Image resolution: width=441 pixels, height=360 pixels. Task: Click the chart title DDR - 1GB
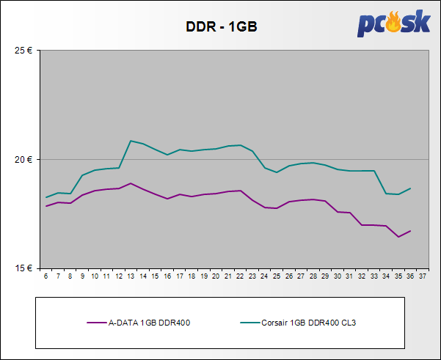(220, 27)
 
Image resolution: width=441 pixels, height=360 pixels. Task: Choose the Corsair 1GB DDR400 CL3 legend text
(311, 321)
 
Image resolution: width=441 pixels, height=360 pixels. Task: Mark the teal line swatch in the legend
(249, 321)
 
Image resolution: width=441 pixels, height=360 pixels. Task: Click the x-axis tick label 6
(46, 276)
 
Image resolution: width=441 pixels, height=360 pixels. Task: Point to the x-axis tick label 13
(131, 276)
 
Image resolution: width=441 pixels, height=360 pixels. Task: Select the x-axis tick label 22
(240, 276)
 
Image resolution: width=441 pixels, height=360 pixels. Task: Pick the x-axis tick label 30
(338, 276)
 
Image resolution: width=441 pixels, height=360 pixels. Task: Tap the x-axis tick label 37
(423, 276)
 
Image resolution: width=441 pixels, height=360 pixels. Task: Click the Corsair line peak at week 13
(131, 141)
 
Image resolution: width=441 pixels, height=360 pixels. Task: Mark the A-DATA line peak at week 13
(131, 183)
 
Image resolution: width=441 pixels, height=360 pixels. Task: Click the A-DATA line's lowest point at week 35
(398, 237)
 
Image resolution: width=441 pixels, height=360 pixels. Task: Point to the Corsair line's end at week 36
(410, 188)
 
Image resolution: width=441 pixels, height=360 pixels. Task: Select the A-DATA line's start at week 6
(46, 206)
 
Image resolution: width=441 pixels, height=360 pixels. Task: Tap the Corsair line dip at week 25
(277, 172)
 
